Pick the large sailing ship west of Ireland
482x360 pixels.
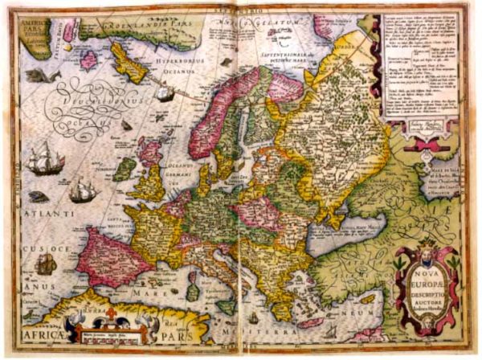click(44, 160)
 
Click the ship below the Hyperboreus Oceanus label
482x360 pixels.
click(164, 94)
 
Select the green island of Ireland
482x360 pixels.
click(125, 169)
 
